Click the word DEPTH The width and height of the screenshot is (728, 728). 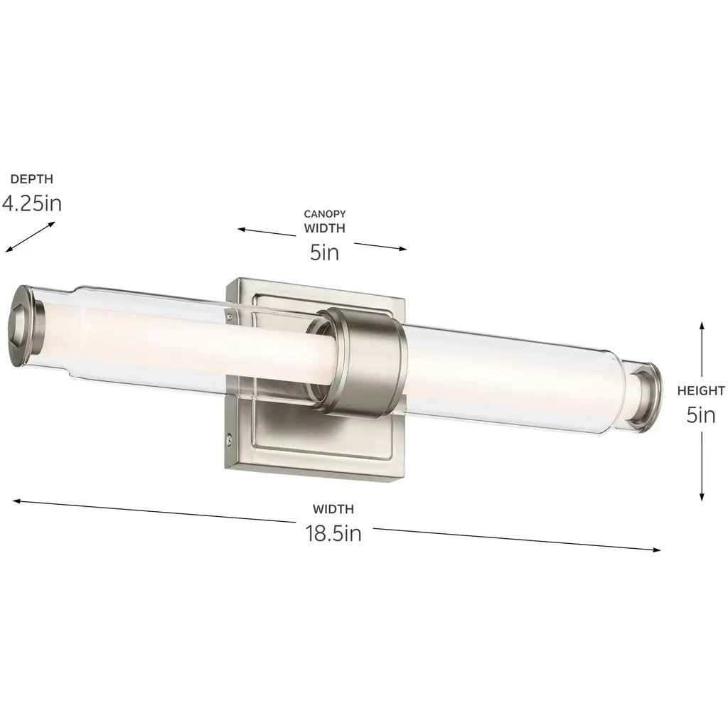[31, 178]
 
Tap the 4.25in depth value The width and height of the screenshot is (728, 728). [31, 203]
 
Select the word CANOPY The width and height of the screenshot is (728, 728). [324, 214]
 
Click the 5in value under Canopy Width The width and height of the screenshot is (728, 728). [324, 252]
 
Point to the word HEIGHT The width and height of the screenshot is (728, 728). [701, 391]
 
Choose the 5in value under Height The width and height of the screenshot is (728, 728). [701, 415]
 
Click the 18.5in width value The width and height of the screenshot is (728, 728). [333, 533]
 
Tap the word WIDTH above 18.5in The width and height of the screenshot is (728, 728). [333, 509]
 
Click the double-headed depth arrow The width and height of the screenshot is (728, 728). [30, 237]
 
